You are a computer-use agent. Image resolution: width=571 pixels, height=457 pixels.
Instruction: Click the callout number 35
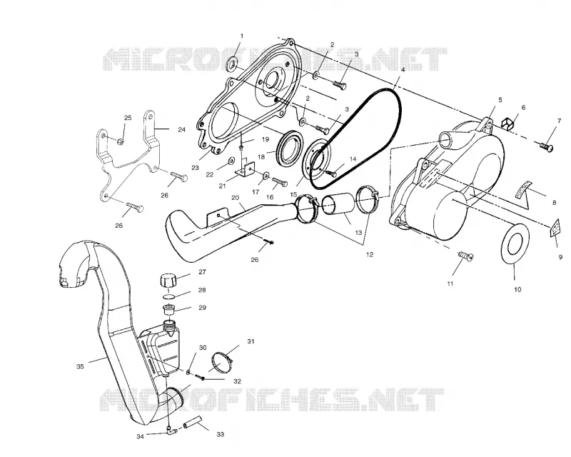[x=80, y=366]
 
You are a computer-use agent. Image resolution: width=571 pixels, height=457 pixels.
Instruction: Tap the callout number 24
[x=182, y=129]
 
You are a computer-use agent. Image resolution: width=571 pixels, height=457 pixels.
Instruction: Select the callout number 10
[x=517, y=289]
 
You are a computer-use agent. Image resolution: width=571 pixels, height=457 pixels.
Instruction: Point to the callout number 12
[x=370, y=254]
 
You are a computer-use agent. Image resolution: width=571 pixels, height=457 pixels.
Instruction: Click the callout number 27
[x=202, y=272]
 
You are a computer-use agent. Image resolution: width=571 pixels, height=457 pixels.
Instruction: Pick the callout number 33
[x=221, y=434]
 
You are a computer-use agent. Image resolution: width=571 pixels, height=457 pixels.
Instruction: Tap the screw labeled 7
[x=546, y=147]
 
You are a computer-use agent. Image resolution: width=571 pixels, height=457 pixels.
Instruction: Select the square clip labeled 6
[x=508, y=123]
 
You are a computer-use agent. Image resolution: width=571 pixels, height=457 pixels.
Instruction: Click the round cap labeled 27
[x=168, y=281]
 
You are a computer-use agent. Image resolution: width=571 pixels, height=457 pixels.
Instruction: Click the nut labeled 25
[x=121, y=141]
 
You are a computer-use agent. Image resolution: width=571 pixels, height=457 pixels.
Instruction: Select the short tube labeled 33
[x=191, y=423]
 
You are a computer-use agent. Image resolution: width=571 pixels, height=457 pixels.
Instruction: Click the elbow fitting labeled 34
[x=172, y=431]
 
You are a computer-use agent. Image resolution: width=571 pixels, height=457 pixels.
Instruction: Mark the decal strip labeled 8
[x=523, y=189]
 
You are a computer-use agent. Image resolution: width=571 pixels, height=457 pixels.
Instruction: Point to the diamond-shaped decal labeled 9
[x=555, y=228]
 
